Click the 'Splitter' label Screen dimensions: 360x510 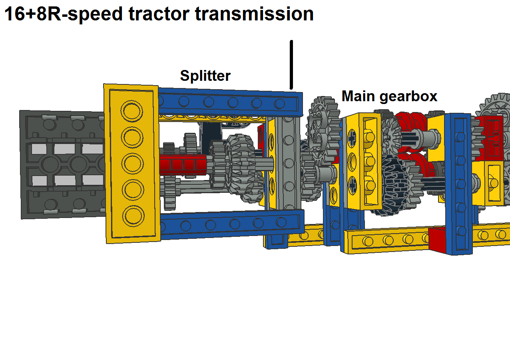205,75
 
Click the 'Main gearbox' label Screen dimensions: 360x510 389,96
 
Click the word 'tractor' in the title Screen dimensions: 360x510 158,14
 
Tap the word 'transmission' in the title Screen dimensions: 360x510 254,14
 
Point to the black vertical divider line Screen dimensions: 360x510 291,64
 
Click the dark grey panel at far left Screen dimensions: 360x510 60,164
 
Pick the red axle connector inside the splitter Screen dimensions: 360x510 182,164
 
